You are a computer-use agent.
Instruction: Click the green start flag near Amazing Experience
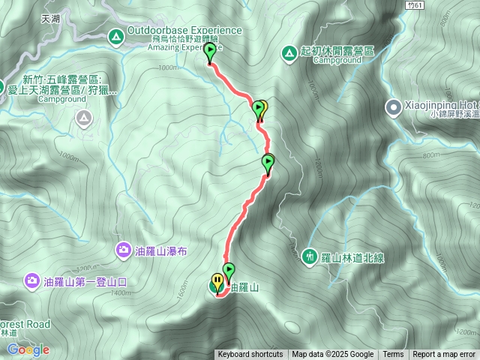[210, 51]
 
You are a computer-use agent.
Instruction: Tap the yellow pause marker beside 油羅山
[217, 282]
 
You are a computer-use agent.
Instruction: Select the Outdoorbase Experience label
[184, 31]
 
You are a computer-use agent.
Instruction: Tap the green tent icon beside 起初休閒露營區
[289, 52]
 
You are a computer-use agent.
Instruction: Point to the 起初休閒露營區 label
[337, 50]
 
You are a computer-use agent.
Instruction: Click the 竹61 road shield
[415, 5]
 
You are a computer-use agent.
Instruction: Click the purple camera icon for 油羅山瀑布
[123, 249]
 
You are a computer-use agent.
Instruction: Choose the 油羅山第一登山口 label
[86, 282]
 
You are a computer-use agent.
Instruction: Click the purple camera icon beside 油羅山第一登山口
[31, 281]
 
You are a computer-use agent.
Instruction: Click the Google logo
[28, 349]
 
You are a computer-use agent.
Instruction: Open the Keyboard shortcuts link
[250, 355]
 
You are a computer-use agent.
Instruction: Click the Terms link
[393, 355]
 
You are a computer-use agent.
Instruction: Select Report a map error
[444, 355]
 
